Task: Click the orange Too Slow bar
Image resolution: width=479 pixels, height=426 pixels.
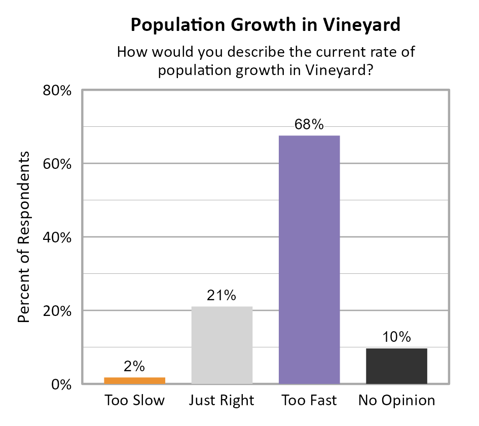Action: (x=135, y=380)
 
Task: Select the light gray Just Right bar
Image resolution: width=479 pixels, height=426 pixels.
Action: (x=222, y=345)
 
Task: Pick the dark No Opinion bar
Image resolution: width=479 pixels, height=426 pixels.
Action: (x=396, y=366)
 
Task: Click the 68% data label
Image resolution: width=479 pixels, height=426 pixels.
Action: (x=309, y=125)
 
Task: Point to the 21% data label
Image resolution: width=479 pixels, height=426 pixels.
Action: (x=222, y=296)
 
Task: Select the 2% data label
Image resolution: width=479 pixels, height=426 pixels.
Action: (x=135, y=366)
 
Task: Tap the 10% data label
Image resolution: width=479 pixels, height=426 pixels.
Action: (x=396, y=337)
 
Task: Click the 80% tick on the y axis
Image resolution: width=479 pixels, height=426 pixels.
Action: (x=55, y=91)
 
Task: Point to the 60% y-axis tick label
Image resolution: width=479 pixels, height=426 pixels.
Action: (x=55, y=164)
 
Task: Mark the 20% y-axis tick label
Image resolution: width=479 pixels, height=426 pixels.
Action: (x=55, y=311)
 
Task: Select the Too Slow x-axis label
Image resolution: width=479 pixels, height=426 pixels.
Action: (x=135, y=401)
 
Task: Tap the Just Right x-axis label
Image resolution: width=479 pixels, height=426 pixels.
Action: (x=222, y=401)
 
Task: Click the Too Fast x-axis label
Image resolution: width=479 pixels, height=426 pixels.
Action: (x=309, y=401)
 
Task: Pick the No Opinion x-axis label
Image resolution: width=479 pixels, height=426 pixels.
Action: (x=396, y=401)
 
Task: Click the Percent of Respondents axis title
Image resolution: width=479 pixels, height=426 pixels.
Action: (x=24, y=237)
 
